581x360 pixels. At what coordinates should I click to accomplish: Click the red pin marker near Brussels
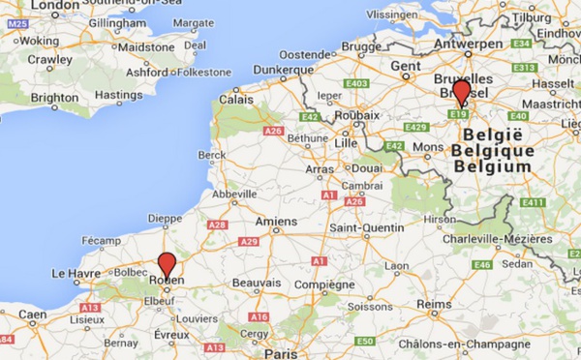(x=462, y=92)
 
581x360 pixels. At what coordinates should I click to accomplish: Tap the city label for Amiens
(x=276, y=222)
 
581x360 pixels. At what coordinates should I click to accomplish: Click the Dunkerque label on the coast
(x=282, y=70)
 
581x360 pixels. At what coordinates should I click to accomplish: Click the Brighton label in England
(x=53, y=98)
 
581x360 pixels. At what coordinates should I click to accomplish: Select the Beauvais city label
(x=255, y=284)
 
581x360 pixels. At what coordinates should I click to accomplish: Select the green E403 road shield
(x=355, y=83)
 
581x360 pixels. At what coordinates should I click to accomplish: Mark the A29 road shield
(x=249, y=242)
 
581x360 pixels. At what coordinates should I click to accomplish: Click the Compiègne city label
(x=326, y=285)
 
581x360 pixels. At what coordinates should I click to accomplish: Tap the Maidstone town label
(x=147, y=45)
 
